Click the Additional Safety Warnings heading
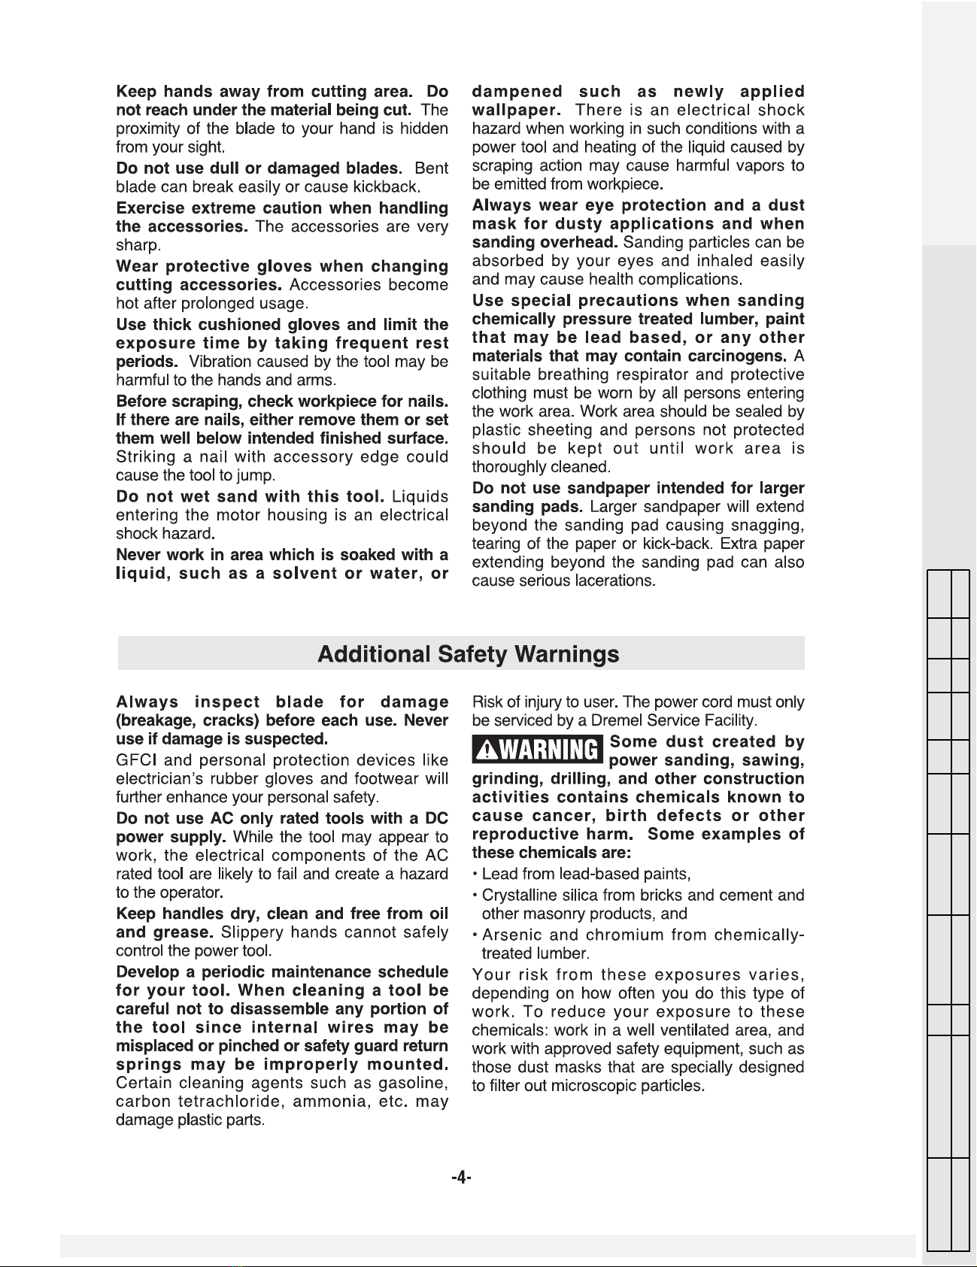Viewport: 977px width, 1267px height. point(468,653)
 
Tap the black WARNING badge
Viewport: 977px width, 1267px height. point(539,750)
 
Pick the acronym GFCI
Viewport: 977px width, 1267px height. point(135,760)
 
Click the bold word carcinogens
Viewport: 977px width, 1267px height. point(739,356)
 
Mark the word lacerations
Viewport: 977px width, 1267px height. point(615,581)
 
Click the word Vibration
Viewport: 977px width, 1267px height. point(223,362)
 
